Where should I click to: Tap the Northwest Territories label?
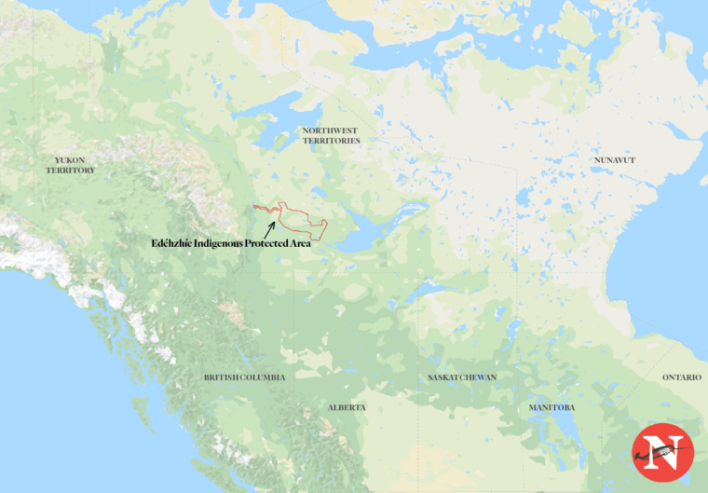pos(331,135)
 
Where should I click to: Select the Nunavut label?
pos(614,160)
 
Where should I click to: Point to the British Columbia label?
pos(244,377)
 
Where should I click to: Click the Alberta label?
pos(347,407)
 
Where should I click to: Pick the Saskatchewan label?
pos(462,377)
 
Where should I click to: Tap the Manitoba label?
pos(551,407)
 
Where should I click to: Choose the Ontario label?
pos(682,377)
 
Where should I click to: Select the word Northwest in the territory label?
pos(331,130)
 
